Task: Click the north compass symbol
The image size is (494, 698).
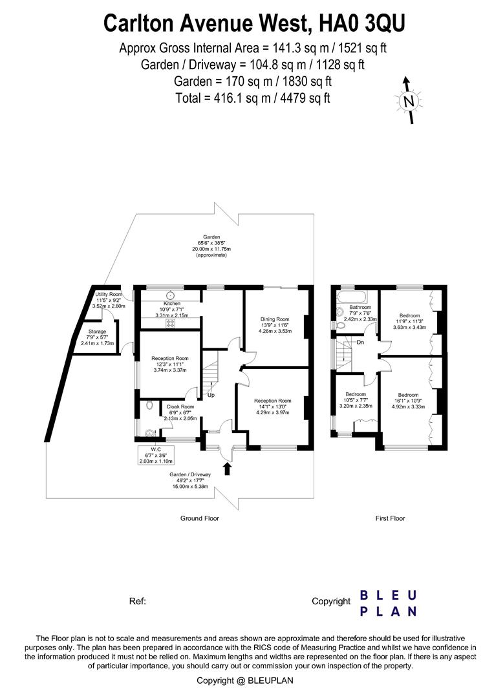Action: pos(408,101)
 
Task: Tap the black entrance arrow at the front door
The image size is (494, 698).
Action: pos(226,468)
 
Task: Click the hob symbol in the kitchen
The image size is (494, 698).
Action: pos(171,322)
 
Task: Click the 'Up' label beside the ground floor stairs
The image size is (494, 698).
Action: pos(211,394)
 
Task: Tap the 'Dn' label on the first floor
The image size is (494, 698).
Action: pos(360,343)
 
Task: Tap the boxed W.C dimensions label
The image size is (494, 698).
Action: pos(155,455)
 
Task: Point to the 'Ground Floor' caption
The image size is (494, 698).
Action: pos(199,518)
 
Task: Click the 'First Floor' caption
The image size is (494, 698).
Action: pos(390,518)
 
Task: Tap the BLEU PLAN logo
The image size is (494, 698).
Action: pos(387,602)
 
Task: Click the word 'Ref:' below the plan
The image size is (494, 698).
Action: pos(138,601)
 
